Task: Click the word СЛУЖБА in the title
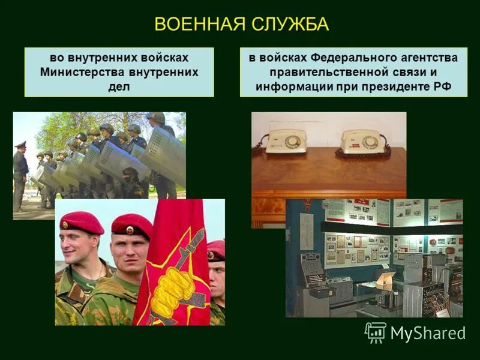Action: pos(290,24)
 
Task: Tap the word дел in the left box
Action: pos(119,86)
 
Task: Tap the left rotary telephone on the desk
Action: pos(286,143)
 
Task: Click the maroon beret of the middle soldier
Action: pos(132,225)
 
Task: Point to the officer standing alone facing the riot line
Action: pos(20,174)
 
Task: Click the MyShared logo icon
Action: pos(376,332)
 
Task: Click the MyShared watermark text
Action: pos(428,333)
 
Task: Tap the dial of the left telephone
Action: pos(292,142)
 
